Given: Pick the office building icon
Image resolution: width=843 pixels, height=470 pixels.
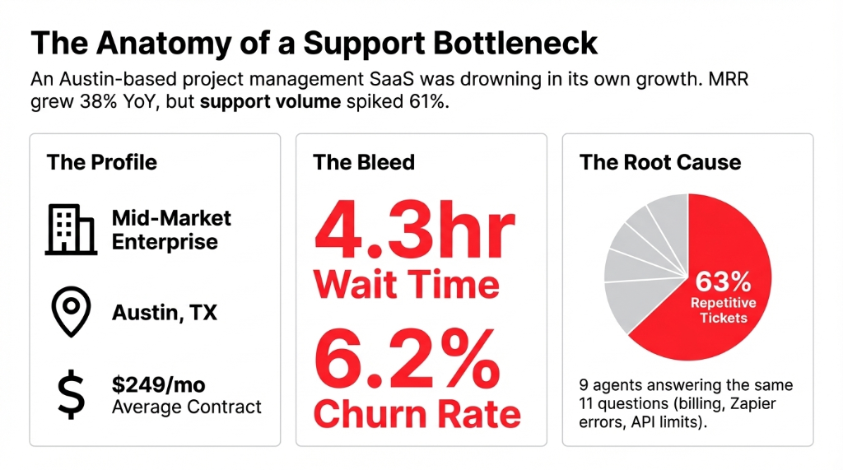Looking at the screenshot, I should (x=71, y=229).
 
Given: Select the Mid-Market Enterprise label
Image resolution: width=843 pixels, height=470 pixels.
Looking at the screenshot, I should (x=171, y=230).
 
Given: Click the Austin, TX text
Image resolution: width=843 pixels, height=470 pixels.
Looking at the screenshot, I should (x=165, y=313).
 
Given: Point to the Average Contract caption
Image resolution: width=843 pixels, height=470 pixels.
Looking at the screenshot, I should (x=187, y=407).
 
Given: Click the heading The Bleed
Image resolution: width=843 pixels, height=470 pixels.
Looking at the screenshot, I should (x=363, y=161).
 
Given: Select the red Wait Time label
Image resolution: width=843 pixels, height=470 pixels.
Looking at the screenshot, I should (x=406, y=285).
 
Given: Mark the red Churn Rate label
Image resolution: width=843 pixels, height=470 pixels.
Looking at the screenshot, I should (x=417, y=414).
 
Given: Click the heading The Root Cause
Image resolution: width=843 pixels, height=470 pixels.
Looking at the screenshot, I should (x=659, y=161).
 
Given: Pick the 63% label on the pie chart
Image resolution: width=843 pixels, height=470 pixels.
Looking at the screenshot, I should (x=723, y=282).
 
